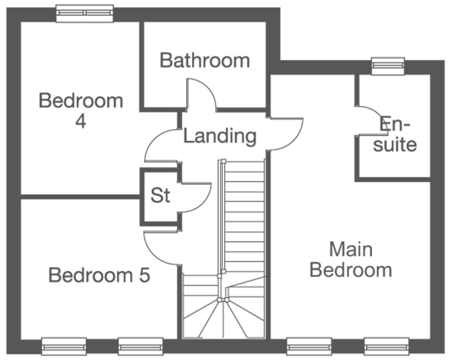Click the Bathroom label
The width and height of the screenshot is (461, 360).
pos(204,61)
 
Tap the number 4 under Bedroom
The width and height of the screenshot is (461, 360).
pos(81,121)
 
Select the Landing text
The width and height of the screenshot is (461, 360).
pos(220,136)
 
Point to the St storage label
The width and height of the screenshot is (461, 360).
pos(160,195)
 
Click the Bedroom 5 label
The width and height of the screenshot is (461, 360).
pos(99,275)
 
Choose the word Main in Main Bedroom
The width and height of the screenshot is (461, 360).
pos(351,249)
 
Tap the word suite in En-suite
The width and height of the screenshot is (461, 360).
pos(395,145)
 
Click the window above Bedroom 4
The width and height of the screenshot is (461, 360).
pos(85,13)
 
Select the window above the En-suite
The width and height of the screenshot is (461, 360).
pos(388,66)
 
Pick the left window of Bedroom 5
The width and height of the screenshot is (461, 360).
pos(64,346)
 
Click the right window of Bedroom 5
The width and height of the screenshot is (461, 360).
pos(140,346)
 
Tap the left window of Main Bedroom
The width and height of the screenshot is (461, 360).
pos(309,346)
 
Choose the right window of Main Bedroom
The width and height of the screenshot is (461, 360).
pos(387,346)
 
